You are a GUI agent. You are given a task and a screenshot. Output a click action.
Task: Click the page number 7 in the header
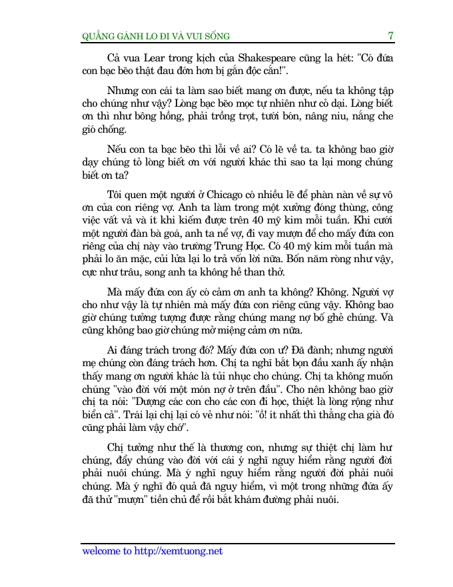[x=391, y=36]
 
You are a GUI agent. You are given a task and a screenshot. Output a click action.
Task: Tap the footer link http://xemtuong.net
[x=179, y=551]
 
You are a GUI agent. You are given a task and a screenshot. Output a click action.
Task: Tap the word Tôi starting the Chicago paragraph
[x=116, y=195]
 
